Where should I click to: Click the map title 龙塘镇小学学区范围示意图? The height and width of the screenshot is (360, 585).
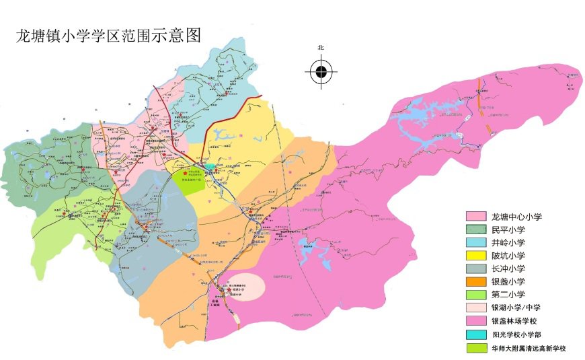tap(109, 36)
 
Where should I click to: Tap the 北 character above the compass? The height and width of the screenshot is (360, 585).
tap(321, 48)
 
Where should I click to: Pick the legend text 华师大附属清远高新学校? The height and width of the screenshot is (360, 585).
tap(529, 348)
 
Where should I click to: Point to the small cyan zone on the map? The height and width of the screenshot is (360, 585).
tap(211, 166)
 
